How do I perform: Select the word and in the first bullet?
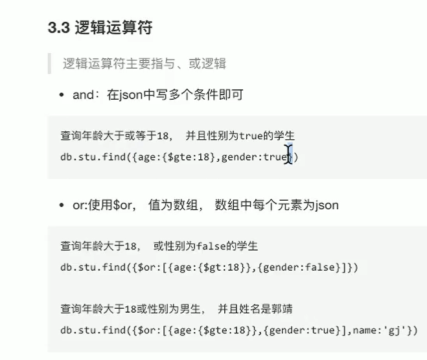coord(83,95)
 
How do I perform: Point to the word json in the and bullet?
coord(133,95)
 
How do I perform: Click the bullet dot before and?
coord(62,95)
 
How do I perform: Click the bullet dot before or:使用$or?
coord(62,205)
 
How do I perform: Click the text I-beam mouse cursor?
coord(289,155)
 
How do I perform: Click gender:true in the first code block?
coord(252,157)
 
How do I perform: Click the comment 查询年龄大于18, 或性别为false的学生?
coord(159,246)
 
